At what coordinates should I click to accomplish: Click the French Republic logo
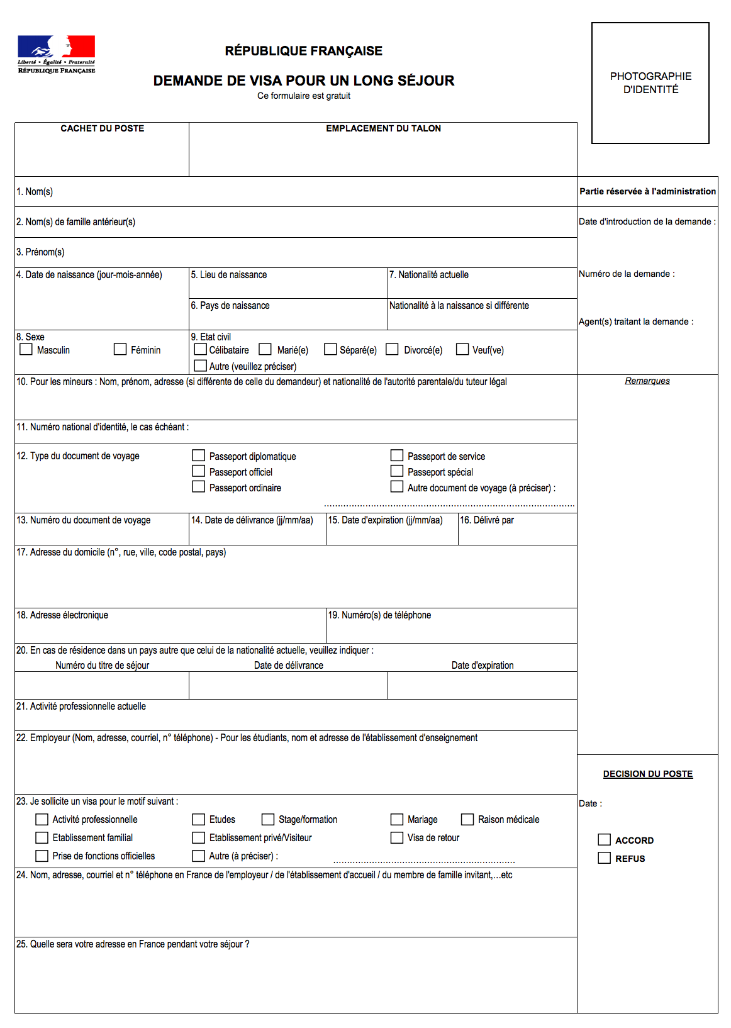point(56,54)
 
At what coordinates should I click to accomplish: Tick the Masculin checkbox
point(26,349)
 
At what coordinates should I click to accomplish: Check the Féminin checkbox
point(120,349)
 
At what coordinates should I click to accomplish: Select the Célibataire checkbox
point(201,349)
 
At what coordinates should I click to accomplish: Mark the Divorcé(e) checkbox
point(392,349)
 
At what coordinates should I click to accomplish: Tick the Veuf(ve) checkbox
point(462,349)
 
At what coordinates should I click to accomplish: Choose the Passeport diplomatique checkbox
point(199,455)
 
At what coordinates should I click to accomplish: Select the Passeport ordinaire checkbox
point(199,487)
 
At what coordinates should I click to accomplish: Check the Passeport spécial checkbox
point(397,471)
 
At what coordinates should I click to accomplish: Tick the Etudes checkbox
point(199,819)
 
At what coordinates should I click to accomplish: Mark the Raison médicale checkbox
point(467,819)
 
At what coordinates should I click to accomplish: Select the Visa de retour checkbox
point(397,837)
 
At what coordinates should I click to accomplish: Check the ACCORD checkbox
point(605,840)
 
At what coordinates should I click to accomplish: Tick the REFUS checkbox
point(605,858)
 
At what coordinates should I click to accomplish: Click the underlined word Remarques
point(647,381)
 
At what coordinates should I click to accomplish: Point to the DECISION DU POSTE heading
point(648,774)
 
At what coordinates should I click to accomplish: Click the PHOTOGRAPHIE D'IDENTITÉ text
point(650,83)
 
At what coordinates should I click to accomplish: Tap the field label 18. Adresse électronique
point(62,615)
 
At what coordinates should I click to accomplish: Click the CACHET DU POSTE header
point(103,128)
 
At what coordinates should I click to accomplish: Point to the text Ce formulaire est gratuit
point(304,96)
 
